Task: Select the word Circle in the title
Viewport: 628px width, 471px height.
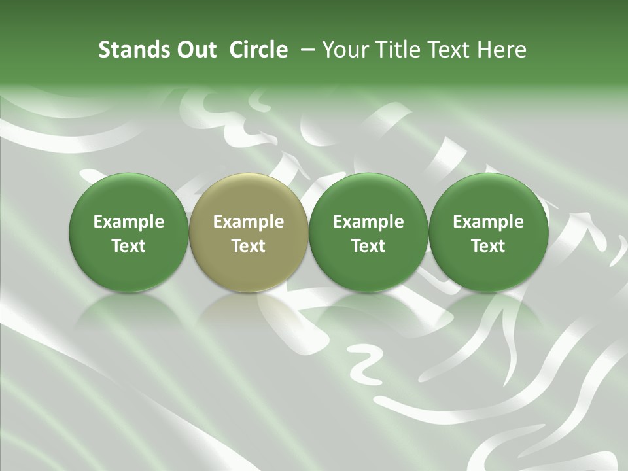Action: click(258, 50)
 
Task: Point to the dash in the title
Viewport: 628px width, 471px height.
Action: click(305, 50)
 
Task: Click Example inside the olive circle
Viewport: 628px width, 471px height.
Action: click(249, 222)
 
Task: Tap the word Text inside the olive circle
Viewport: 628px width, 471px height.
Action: click(249, 246)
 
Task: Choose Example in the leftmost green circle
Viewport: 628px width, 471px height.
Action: click(129, 222)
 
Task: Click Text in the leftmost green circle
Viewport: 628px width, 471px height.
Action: click(129, 246)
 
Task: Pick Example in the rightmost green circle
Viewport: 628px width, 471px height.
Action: click(488, 222)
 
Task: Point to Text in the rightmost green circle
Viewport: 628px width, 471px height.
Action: click(488, 246)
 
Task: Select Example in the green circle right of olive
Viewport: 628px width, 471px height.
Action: click(368, 222)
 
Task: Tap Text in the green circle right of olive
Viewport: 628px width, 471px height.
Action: click(368, 246)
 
